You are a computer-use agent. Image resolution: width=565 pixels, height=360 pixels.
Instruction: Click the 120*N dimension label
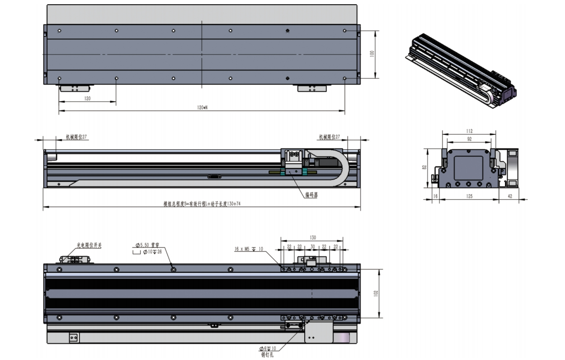click(202, 107)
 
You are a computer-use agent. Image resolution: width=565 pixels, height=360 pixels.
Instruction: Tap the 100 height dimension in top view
click(371, 54)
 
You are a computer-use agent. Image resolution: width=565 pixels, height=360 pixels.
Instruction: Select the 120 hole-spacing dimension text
click(87, 98)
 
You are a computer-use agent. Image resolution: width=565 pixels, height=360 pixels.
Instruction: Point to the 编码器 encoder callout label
click(311, 195)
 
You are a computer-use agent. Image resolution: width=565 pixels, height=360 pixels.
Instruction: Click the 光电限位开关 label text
click(89, 245)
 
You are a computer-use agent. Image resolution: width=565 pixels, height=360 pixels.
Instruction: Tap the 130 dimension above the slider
click(313, 237)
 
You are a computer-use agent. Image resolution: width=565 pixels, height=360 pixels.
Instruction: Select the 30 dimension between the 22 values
click(313, 246)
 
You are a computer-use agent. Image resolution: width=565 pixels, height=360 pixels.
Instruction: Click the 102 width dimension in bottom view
click(375, 293)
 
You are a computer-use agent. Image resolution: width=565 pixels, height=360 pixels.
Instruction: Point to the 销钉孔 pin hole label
click(267, 354)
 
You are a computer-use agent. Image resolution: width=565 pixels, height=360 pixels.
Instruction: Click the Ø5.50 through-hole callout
click(148, 245)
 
